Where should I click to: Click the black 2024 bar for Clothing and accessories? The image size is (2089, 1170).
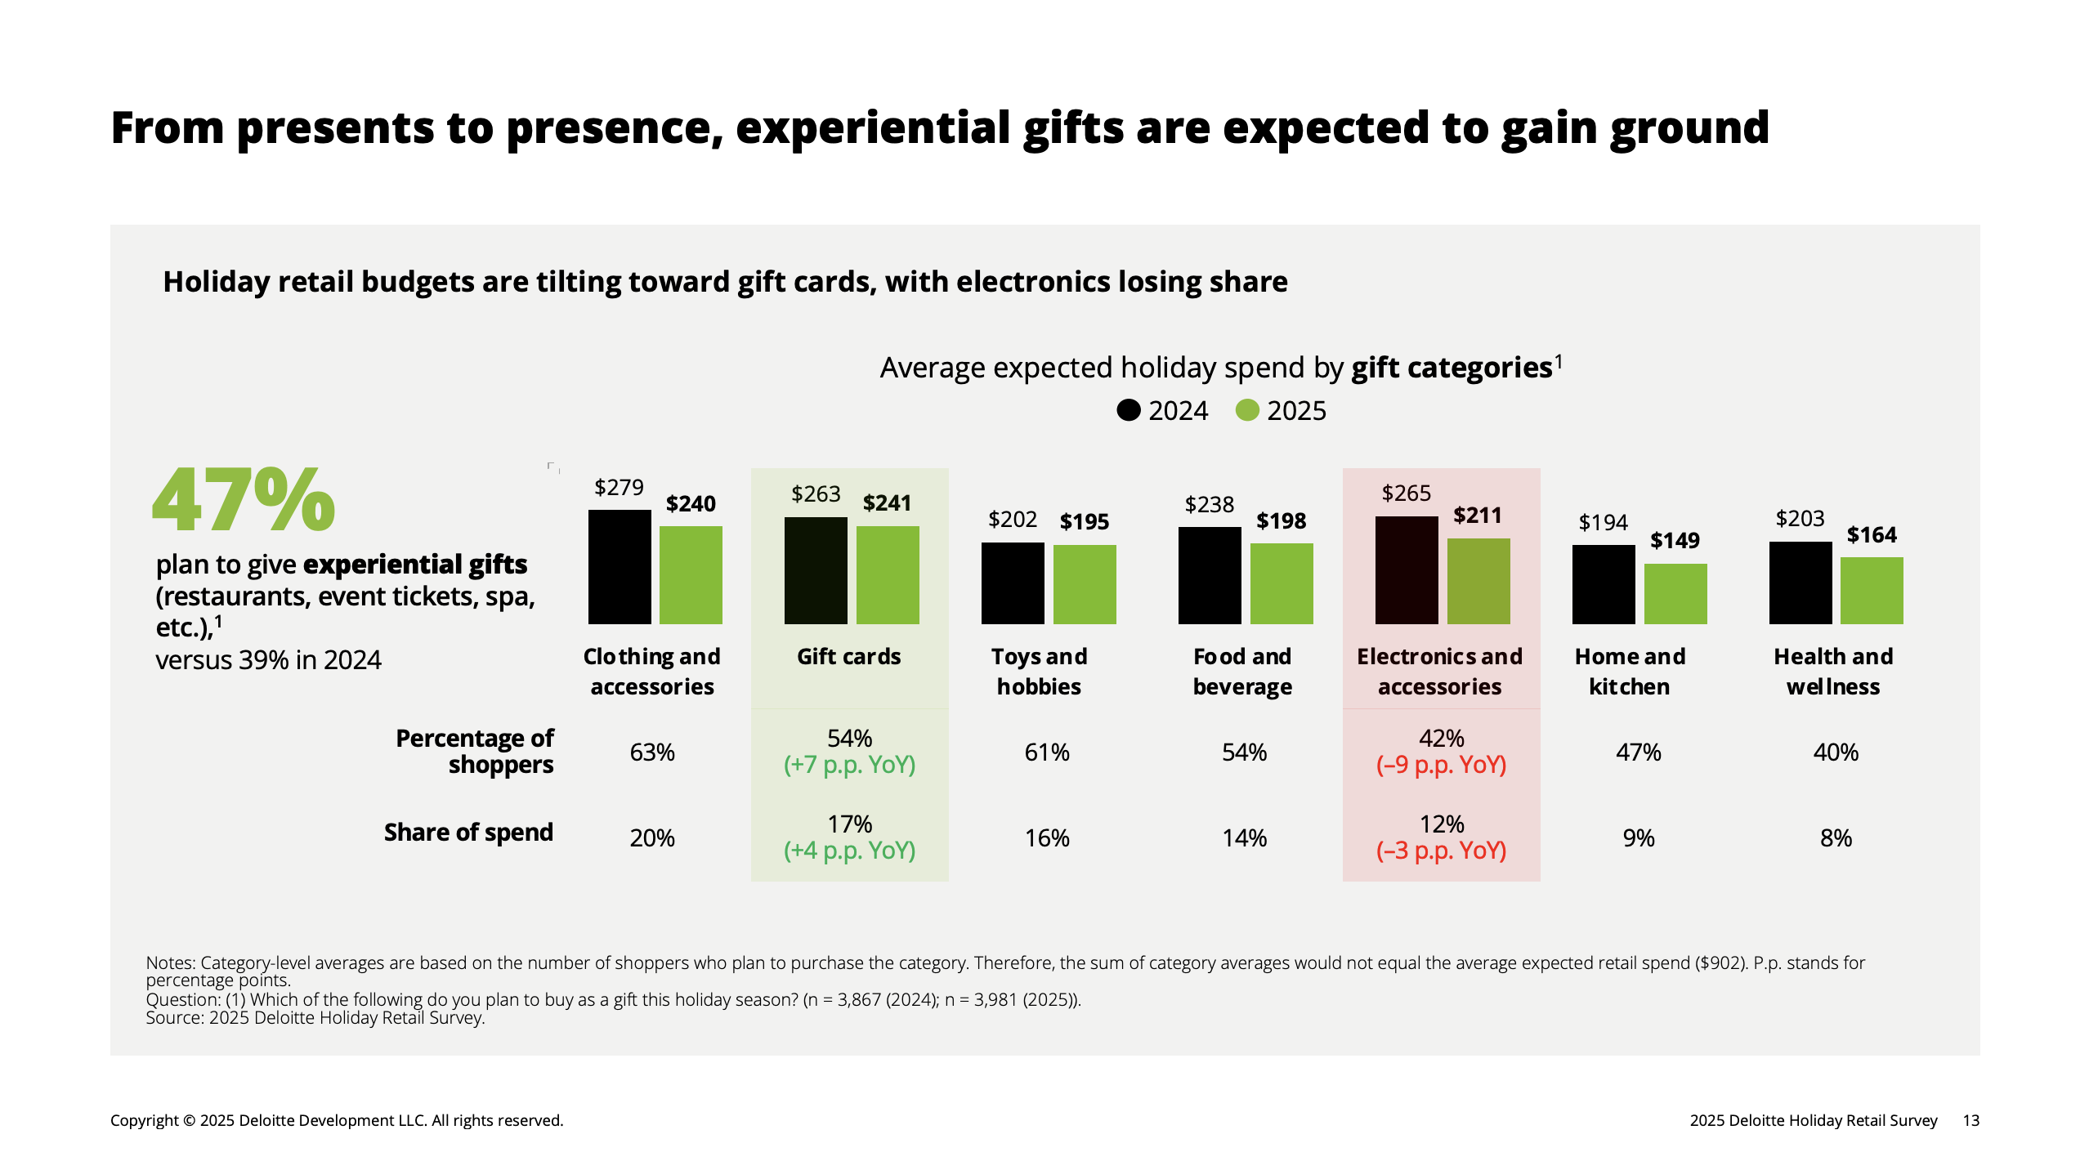click(x=620, y=566)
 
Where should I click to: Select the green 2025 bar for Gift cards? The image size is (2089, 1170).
click(x=888, y=574)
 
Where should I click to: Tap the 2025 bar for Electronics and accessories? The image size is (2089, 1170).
click(x=1478, y=581)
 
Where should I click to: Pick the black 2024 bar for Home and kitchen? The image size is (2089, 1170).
click(x=1604, y=584)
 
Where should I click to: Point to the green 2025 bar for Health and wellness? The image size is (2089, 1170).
click(x=1872, y=590)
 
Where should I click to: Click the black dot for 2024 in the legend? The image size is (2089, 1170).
click(x=1129, y=410)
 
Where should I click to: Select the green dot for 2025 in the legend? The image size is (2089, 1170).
click(x=1247, y=410)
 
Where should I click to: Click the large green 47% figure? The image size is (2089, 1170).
click(x=244, y=500)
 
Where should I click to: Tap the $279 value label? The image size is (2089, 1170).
click(x=619, y=488)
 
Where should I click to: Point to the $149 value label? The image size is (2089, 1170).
click(x=1675, y=541)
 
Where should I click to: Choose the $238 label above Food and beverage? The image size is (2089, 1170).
click(x=1210, y=505)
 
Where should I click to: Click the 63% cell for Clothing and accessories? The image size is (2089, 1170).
click(x=652, y=752)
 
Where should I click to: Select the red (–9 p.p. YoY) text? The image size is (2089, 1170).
click(x=1441, y=766)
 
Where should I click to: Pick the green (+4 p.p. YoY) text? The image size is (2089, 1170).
click(x=849, y=851)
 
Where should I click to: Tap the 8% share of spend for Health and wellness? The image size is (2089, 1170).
click(x=1836, y=838)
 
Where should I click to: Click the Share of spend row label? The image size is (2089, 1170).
click(x=468, y=833)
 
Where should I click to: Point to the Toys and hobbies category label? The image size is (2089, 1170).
click(x=1039, y=672)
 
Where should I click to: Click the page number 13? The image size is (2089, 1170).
click(x=1970, y=1121)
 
